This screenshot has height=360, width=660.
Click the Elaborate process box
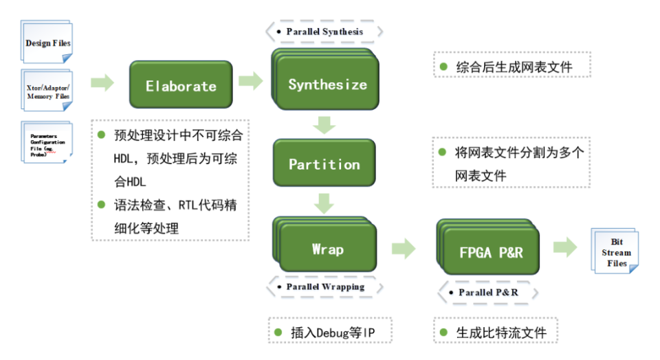pos(181,86)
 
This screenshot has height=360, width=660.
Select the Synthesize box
pos(328,85)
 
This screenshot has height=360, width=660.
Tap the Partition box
pos(324,164)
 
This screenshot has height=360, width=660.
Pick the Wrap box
pos(328,249)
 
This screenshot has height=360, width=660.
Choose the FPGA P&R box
pos(491,252)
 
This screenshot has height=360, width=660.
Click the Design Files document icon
pos(47,43)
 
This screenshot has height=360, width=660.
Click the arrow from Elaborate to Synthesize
pos(250,81)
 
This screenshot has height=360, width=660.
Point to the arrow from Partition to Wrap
pos(324,203)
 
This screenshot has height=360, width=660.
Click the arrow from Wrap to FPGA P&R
pos(404,249)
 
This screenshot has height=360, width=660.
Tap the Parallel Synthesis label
pos(324,32)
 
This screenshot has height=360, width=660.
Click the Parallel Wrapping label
pos(324,286)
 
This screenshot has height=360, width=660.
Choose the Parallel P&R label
pos(487,293)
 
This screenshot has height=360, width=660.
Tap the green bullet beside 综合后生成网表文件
pos(444,67)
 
